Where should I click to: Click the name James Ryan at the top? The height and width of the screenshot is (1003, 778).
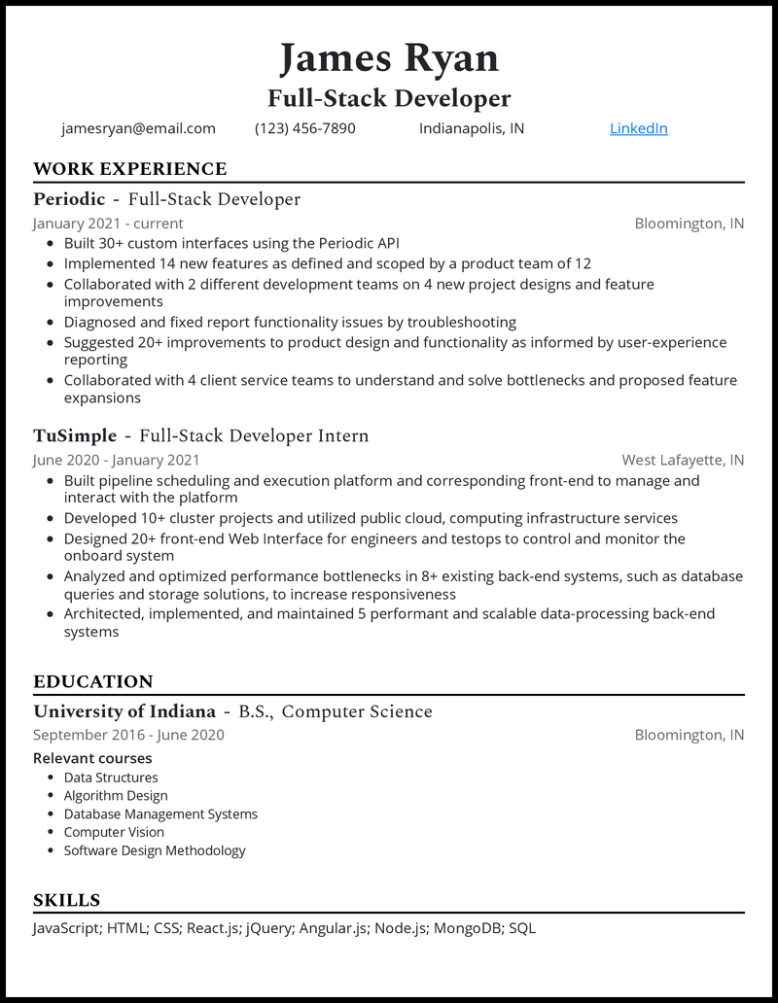tap(389, 58)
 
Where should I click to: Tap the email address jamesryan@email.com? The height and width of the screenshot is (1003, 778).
tap(138, 128)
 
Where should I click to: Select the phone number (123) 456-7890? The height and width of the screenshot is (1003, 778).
tap(305, 128)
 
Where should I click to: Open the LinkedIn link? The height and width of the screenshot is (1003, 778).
tap(638, 128)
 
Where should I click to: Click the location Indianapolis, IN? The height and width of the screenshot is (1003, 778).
tap(472, 128)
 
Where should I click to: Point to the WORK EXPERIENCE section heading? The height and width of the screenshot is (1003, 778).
tap(129, 169)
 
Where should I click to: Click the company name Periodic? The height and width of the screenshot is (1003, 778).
tap(69, 199)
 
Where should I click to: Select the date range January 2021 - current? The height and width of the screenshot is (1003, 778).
tap(108, 224)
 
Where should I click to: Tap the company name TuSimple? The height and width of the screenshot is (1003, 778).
tap(75, 435)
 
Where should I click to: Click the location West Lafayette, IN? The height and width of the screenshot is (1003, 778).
tap(683, 460)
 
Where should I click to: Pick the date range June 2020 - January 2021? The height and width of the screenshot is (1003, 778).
tap(117, 460)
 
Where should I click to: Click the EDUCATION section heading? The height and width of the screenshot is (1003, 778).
tap(93, 681)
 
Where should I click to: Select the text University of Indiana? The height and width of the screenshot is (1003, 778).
tap(124, 711)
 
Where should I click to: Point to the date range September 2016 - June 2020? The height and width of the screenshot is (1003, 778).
tap(128, 735)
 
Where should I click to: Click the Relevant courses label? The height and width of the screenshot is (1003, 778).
tap(92, 758)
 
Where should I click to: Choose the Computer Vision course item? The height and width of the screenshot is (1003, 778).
tap(114, 832)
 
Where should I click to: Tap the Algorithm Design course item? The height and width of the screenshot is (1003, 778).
tap(116, 795)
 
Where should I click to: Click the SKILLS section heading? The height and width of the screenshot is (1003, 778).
tap(66, 900)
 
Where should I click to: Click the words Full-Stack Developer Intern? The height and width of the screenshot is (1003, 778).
tap(254, 435)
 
